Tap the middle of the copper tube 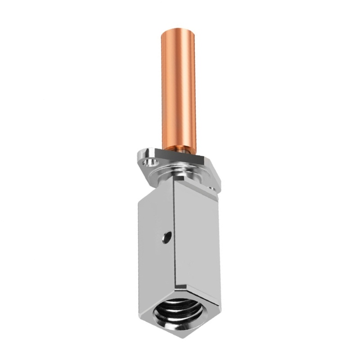[x=179, y=90]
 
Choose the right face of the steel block [x=198, y=234]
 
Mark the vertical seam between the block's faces [x=174, y=234]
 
